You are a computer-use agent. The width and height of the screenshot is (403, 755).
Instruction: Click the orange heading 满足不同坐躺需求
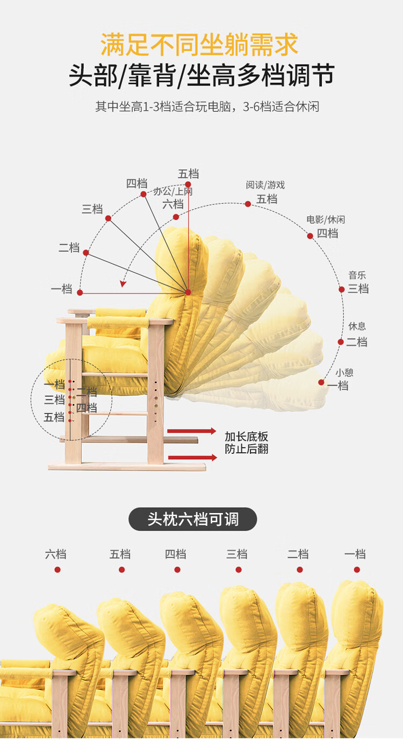click(x=199, y=45)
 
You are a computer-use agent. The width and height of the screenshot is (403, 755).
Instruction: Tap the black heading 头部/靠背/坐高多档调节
click(x=201, y=75)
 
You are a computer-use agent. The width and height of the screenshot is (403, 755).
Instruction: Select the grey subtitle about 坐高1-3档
click(x=207, y=106)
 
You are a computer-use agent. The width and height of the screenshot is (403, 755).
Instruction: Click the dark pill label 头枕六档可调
click(x=193, y=519)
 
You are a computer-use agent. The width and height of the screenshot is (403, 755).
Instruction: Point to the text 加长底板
click(x=247, y=436)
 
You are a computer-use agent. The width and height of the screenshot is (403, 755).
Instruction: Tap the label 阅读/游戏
click(x=265, y=185)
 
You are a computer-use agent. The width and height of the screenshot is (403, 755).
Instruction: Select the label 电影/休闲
click(x=326, y=219)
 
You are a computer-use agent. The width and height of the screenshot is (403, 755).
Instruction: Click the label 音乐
click(x=357, y=275)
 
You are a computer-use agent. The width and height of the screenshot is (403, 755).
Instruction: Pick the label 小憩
click(x=344, y=372)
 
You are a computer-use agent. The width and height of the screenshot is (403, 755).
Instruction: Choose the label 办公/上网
click(x=173, y=191)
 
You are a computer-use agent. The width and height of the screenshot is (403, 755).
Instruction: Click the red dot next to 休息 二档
click(x=341, y=341)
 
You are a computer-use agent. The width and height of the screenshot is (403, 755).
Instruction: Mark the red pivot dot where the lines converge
click(x=188, y=292)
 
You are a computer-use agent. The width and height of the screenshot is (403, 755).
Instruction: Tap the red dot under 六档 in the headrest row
click(x=57, y=569)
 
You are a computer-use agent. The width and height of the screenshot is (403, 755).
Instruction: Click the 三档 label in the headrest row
click(x=236, y=554)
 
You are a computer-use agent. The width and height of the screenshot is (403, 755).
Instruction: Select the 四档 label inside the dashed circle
click(x=87, y=408)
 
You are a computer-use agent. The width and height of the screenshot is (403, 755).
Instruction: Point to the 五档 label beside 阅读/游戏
click(x=267, y=199)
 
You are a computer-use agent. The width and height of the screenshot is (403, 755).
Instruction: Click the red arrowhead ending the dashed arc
click(x=124, y=284)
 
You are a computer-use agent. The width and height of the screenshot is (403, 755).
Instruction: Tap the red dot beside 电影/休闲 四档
click(x=310, y=236)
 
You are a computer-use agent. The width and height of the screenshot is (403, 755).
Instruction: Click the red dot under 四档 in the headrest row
click(x=177, y=569)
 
